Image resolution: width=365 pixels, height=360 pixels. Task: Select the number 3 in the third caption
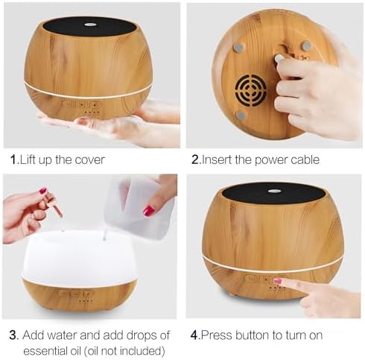[x=13, y=335]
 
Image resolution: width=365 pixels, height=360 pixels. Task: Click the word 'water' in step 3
[x=62, y=335]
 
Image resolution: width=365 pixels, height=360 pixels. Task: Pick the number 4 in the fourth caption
[x=194, y=335]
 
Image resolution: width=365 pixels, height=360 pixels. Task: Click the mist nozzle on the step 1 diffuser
[x=90, y=25]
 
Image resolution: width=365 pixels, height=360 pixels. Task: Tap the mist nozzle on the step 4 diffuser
[x=274, y=192]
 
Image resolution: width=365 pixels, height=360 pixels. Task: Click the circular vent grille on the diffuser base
[x=250, y=90]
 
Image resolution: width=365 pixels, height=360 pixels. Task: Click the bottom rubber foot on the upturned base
[x=241, y=116]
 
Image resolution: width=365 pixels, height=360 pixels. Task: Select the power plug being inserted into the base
[x=279, y=58]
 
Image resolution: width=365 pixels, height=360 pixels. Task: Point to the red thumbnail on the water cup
[x=149, y=210]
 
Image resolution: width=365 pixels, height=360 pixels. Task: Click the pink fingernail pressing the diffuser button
[x=278, y=281]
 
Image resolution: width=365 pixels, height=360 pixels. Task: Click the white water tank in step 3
[x=79, y=257]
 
